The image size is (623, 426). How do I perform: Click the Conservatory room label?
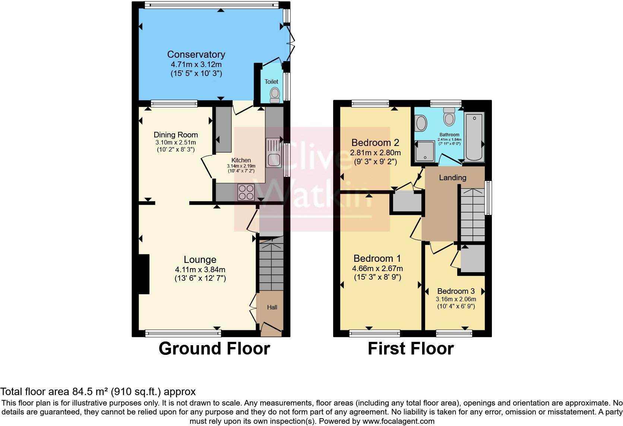pyautogui.click(x=196, y=54)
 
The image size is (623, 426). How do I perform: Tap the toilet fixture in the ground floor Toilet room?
pyautogui.click(x=275, y=95)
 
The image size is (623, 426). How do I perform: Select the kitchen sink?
pyautogui.click(x=273, y=153)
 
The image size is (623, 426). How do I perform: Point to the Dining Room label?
pyautogui.click(x=175, y=135)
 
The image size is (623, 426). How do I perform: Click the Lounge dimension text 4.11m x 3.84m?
pyautogui.click(x=200, y=270)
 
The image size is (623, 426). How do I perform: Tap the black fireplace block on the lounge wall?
pyautogui.click(x=144, y=274)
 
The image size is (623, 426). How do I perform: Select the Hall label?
pyautogui.click(x=272, y=308)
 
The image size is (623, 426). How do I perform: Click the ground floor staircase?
pyautogui.click(x=271, y=267)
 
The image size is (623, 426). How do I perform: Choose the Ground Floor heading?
pyautogui.click(x=214, y=349)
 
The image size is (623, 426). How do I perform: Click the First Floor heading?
pyautogui.click(x=411, y=349)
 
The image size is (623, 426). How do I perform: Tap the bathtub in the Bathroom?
pyautogui.click(x=474, y=137)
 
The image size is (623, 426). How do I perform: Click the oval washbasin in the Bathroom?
pyautogui.click(x=421, y=123)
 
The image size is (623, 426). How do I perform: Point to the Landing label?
pyautogui.click(x=452, y=178)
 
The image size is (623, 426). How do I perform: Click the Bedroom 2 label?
pyautogui.click(x=375, y=143)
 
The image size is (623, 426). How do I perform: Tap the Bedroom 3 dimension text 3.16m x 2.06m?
pyautogui.click(x=456, y=299)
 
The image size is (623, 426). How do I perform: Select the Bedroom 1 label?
pyautogui.click(x=377, y=258)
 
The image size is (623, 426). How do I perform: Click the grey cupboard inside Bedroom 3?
pyautogui.click(x=472, y=258)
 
